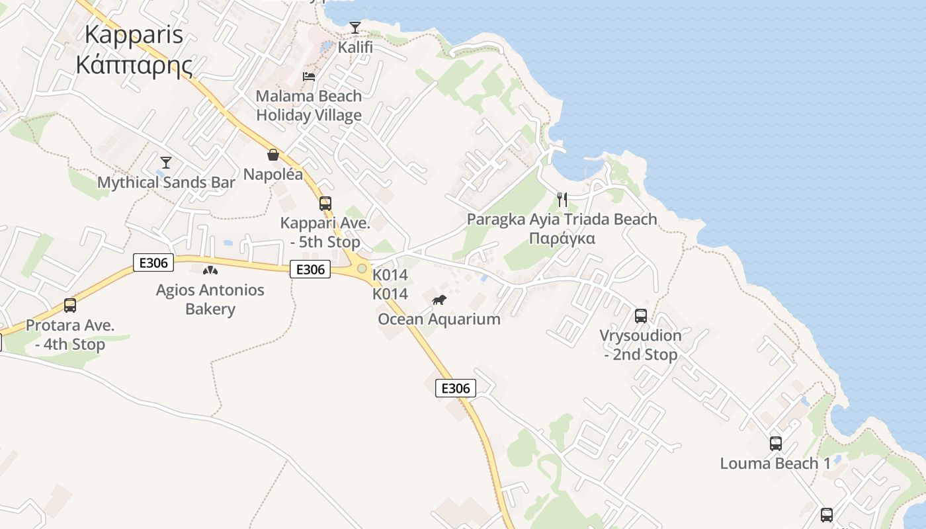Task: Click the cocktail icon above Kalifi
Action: [x=355, y=28]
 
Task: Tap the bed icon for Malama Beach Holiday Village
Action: [x=309, y=77]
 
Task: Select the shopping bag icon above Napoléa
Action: [x=273, y=155]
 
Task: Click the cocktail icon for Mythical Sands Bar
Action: [x=166, y=163]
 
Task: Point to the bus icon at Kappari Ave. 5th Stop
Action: [x=325, y=204]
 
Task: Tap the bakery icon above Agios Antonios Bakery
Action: [x=210, y=270]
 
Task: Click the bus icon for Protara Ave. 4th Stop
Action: [x=69, y=305]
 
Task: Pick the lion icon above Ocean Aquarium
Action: [x=439, y=301]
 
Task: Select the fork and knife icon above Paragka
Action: [x=562, y=200]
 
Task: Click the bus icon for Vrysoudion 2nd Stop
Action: [x=640, y=316]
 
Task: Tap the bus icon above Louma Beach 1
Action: [x=775, y=444]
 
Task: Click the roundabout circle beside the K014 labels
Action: [x=361, y=268]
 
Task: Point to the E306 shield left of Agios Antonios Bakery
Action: [x=153, y=263]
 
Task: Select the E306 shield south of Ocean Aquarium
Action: [x=456, y=388]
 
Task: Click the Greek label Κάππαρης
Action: [x=134, y=65]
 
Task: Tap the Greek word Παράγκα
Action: [x=562, y=238]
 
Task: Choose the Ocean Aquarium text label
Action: [x=439, y=319]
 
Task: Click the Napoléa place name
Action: [x=273, y=175]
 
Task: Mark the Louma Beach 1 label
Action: [x=775, y=464]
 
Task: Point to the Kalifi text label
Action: [x=355, y=48]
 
